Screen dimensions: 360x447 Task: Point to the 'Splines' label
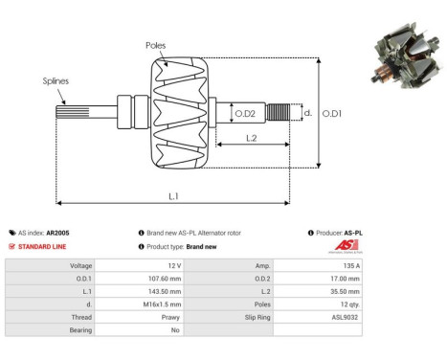55,82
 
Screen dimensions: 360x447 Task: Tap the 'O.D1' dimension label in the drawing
330,114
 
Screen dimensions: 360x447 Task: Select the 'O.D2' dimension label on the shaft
244,114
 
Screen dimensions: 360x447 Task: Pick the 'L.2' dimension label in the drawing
250,138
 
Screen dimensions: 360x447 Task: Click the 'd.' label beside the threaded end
306,113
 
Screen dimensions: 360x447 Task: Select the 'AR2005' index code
58,233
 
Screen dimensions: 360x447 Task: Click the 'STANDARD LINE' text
44,246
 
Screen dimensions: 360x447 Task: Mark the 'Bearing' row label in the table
78,328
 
